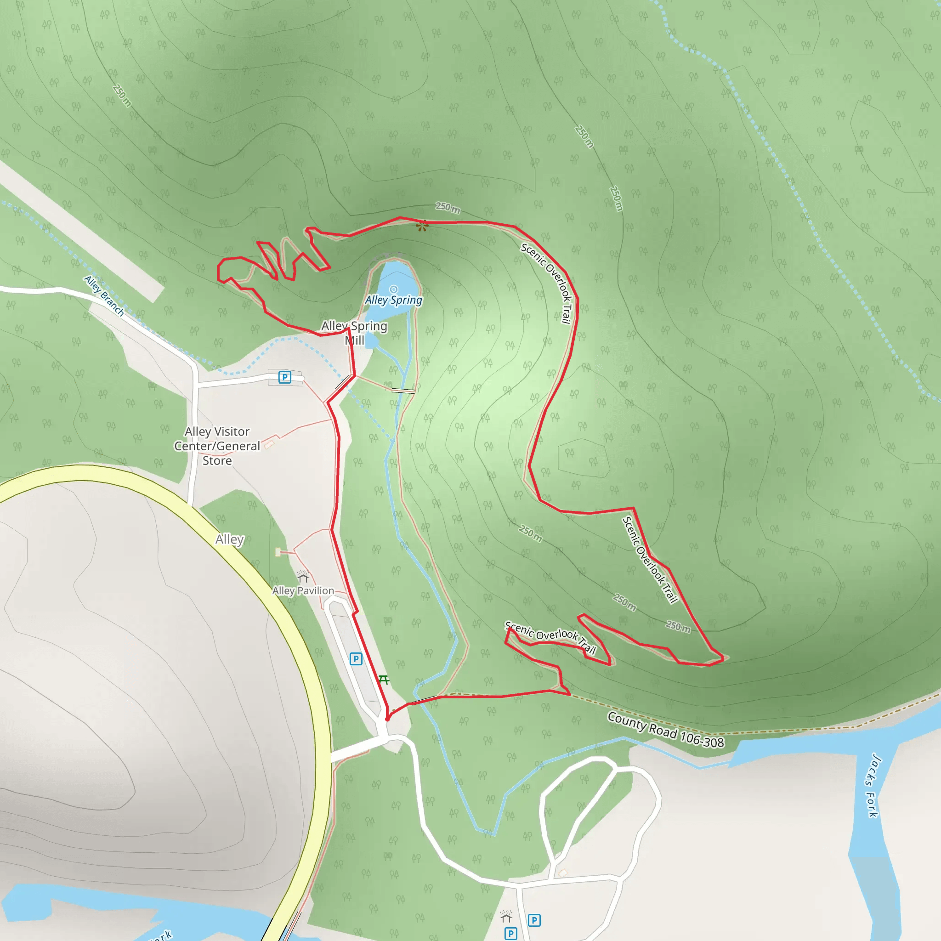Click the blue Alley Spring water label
[x=394, y=300]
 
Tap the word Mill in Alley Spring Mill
[x=355, y=340]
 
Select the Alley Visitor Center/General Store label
[x=217, y=446]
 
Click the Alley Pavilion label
[x=303, y=591]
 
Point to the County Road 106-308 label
[x=665, y=729]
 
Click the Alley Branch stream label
[x=104, y=295]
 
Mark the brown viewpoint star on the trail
[x=422, y=226]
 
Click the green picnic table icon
[x=384, y=680]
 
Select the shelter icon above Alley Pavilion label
[x=303, y=577]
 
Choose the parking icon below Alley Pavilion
[x=356, y=659]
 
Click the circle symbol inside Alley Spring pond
[x=394, y=289]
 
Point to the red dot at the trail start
[x=388, y=719]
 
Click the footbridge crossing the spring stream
[x=403, y=391]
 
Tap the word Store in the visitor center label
[x=217, y=461]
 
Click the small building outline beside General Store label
[x=269, y=444]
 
